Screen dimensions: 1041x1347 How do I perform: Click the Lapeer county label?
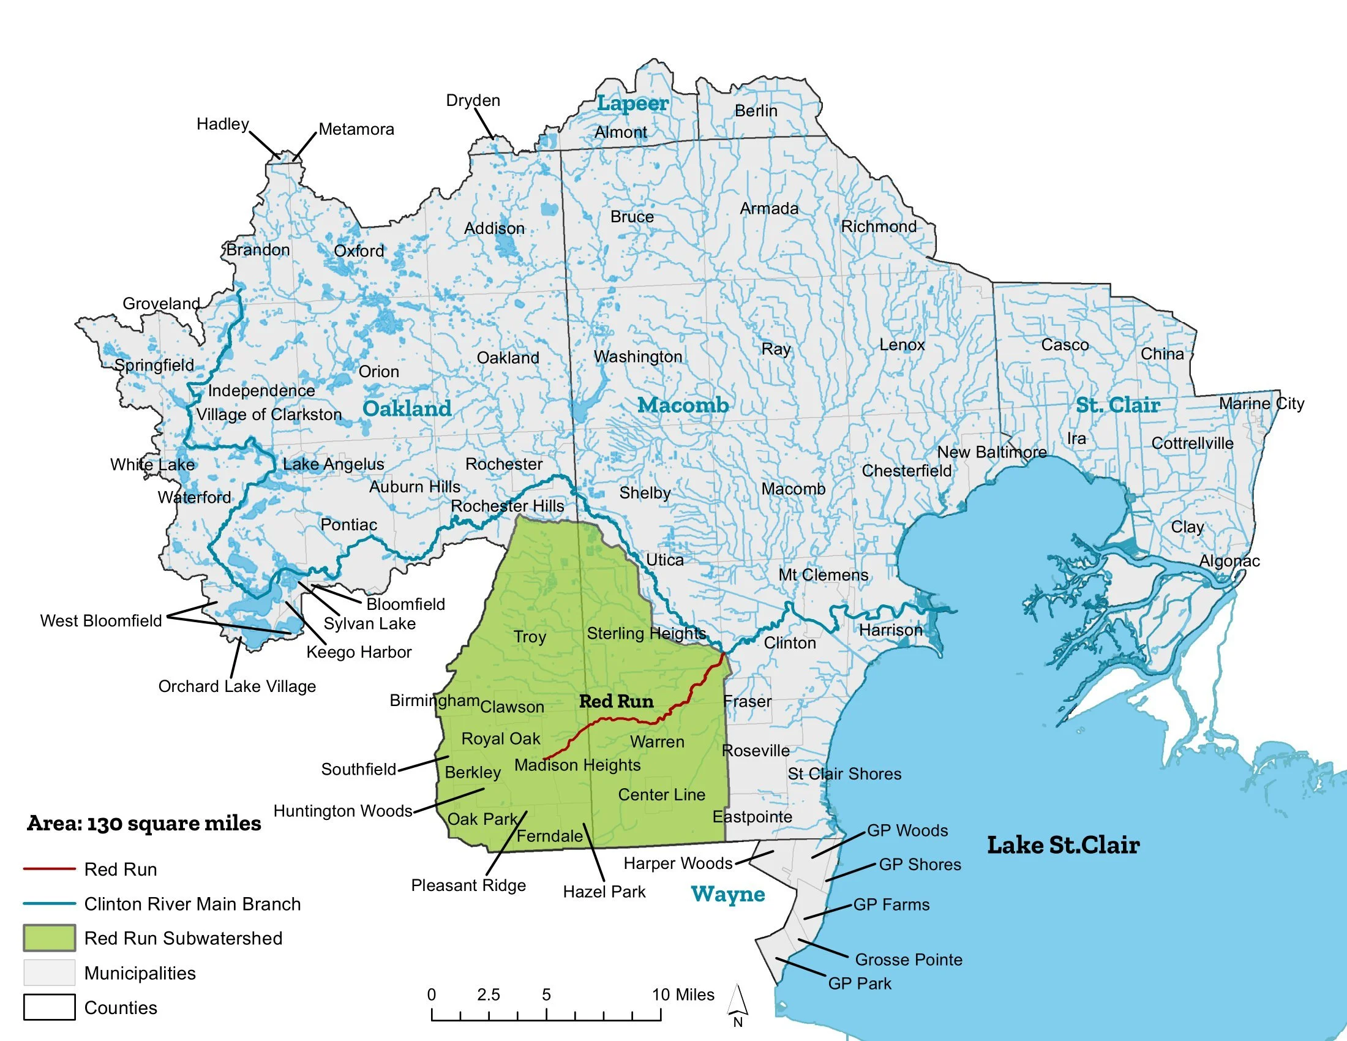click(632, 103)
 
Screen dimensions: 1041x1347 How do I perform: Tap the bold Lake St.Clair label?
click(1063, 845)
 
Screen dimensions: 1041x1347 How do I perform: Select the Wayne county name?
click(728, 894)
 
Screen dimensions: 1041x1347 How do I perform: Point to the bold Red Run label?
click(616, 701)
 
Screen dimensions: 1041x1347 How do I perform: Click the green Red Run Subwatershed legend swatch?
click(50, 938)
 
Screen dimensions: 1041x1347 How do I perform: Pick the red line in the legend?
click(50, 869)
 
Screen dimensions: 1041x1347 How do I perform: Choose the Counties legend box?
click(50, 1007)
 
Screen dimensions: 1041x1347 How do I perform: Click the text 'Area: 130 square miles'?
click(144, 823)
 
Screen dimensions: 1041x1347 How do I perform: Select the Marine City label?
click(1261, 404)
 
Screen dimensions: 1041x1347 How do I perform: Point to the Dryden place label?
click(473, 100)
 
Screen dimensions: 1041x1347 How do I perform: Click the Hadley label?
click(223, 124)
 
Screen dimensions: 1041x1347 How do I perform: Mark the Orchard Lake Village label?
click(237, 686)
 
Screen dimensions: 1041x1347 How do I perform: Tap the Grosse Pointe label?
click(909, 960)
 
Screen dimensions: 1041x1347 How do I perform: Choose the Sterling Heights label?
click(646, 633)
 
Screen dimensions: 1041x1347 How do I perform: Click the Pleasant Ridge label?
click(468, 885)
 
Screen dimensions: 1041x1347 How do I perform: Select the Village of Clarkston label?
click(269, 415)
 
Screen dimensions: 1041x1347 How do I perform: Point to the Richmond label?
click(879, 227)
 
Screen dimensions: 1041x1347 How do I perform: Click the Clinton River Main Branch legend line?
click(50, 903)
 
